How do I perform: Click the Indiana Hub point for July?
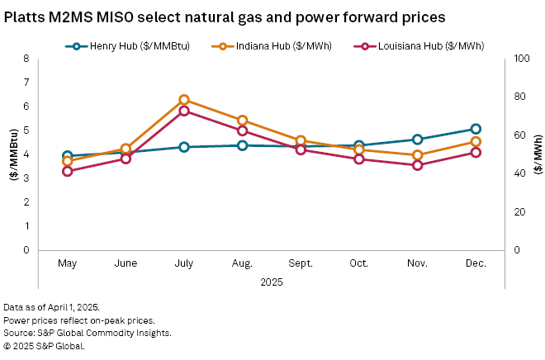184,100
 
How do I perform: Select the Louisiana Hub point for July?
184,111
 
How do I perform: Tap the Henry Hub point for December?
476,129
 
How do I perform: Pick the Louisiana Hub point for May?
68,171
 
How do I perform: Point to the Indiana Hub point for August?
242,121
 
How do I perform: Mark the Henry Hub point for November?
418,140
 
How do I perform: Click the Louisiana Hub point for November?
418,165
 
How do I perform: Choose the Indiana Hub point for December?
476,142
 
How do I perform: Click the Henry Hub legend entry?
128,45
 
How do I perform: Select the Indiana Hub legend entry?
272,45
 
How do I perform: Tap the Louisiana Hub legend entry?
418,45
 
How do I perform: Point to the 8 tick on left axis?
26,59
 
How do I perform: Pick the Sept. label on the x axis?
301,263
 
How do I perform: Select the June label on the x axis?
126,263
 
